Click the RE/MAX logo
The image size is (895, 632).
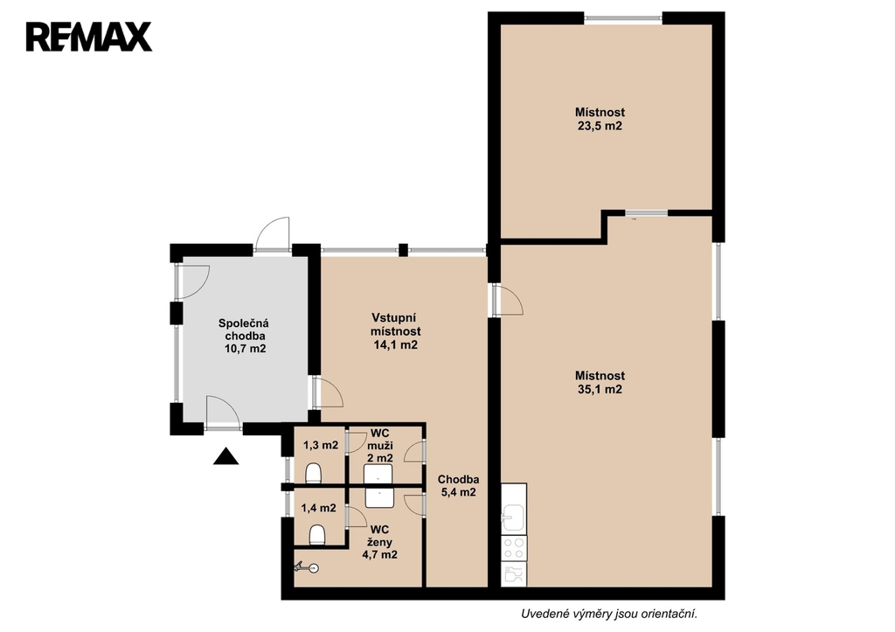click(x=89, y=37)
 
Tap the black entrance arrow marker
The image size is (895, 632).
click(x=226, y=456)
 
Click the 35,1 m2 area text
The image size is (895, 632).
click(x=600, y=389)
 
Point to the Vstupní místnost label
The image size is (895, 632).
click(x=396, y=324)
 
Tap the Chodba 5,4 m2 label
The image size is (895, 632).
click(x=458, y=486)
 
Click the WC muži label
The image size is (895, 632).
click(x=379, y=439)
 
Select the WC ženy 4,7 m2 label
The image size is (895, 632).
click(x=379, y=542)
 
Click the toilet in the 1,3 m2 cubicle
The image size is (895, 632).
click(x=314, y=473)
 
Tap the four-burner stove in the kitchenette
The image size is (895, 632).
click(x=514, y=547)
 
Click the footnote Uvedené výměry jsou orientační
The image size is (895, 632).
click(x=609, y=615)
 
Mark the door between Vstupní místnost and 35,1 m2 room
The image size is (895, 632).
click(x=507, y=300)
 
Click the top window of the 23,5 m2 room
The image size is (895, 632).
click(x=622, y=18)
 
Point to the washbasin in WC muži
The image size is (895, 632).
click(x=378, y=475)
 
